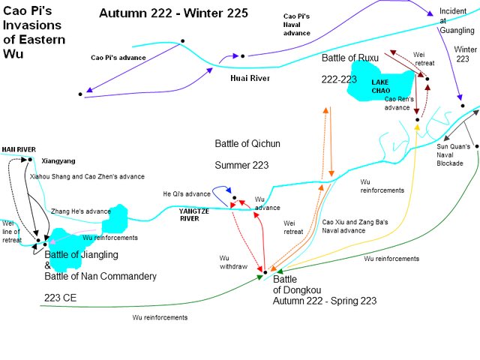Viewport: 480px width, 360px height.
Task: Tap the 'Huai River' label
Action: click(x=250, y=77)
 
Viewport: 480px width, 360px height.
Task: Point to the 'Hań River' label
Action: click(x=19, y=149)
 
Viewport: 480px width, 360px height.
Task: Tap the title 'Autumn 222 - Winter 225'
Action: click(x=171, y=13)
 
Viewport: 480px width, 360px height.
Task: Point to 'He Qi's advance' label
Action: click(x=187, y=194)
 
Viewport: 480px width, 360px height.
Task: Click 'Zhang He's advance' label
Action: click(x=81, y=211)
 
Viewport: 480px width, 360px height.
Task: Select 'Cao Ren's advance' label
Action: click(x=397, y=103)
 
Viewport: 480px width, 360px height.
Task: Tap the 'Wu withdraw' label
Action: click(x=234, y=261)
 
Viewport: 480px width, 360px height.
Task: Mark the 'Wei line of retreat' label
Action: click(x=11, y=232)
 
